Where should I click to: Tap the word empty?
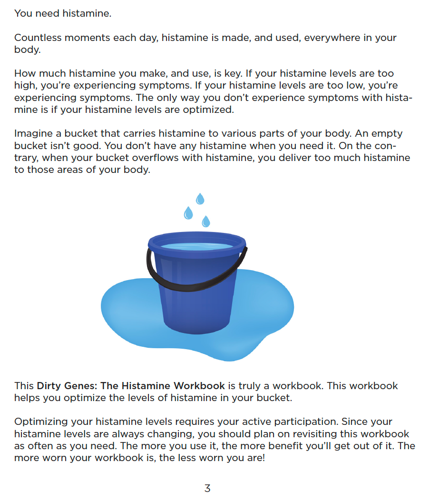coord(386,134)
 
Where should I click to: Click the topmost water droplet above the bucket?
coord(200,199)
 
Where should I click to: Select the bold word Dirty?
coord(49,385)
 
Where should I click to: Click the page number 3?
coord(207,489)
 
